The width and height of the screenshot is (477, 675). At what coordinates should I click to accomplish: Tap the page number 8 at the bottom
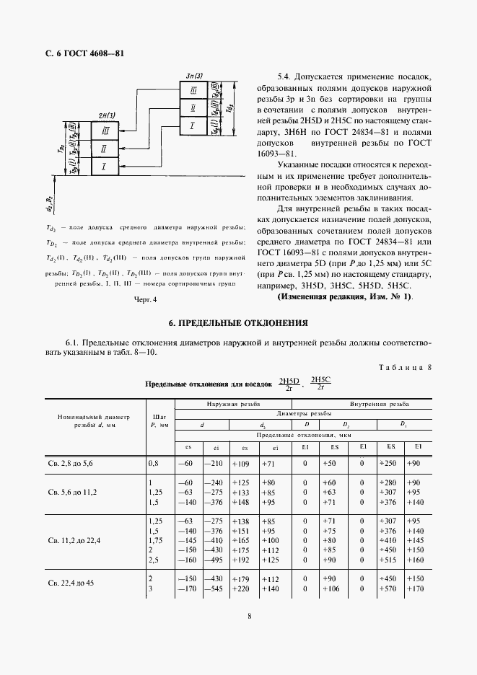[249, 617]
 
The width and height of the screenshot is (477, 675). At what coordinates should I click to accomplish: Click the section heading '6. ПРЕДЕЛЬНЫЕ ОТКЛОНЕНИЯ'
[238, 322]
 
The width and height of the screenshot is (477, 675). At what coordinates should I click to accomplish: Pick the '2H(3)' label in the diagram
[103, 115]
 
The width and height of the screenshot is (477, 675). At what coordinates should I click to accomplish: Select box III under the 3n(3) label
[193, 91]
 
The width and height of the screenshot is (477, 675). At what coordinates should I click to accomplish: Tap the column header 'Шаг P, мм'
[159, 420]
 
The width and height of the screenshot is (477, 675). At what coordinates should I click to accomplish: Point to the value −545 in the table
[214, 588]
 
